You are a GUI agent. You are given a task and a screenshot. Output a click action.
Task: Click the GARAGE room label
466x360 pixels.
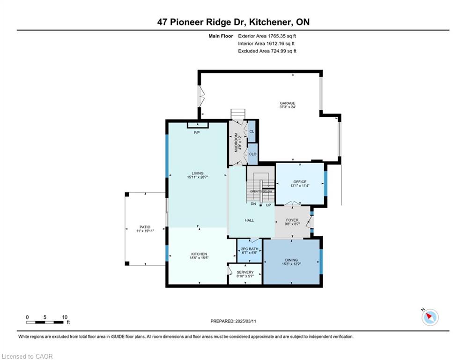point(288,103)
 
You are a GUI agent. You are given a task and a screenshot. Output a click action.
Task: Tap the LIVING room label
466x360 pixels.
point(198,173)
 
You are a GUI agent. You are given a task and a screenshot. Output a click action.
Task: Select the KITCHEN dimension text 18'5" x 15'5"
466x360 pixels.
point(199,258)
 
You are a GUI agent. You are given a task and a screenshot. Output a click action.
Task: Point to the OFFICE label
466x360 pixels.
point(300,182)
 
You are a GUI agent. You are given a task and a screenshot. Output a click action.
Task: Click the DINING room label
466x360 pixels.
point(292,260)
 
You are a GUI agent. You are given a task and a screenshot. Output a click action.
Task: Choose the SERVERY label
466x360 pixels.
point(245,272)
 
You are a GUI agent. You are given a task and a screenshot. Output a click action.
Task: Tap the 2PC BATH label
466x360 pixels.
point(250,249)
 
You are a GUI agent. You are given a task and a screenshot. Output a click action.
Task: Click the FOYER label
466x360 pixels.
point(292,220)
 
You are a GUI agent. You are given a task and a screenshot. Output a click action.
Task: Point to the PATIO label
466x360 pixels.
point(145,227)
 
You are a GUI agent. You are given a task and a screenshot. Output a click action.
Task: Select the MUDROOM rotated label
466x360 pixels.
point(236,142)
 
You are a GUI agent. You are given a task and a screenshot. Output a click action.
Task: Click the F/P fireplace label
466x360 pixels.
point(197,132)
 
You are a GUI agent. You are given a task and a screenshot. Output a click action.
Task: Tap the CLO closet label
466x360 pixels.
point(252,154)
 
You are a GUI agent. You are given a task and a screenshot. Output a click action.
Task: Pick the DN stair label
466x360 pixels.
point(253,204)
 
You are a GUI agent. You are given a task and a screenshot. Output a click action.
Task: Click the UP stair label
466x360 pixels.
point(268,205)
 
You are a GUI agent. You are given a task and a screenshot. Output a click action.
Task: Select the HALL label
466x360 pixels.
point(249,220)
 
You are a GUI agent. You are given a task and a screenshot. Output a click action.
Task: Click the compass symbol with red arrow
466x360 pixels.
point(430,317)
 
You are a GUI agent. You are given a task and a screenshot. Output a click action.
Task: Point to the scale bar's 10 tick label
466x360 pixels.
point(65,317)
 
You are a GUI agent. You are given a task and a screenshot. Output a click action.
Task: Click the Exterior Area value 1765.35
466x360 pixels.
point(276,36)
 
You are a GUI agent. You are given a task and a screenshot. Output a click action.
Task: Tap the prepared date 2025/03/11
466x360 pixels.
point(245,321)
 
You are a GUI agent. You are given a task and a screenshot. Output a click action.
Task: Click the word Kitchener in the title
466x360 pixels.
point(270,22)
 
